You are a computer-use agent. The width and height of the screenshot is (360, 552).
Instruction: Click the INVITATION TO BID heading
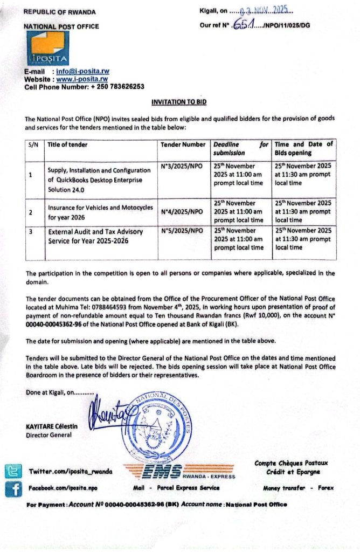[x=179, y=102]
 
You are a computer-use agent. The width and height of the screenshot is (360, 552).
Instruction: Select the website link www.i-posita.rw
[x=82, y=79]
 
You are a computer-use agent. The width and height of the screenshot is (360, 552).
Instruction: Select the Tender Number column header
[x=183, y=144]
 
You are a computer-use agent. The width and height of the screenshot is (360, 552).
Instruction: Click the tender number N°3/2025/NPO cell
[x=182, y=167]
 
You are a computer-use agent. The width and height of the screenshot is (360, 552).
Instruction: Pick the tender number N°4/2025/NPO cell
[x=182, y=211]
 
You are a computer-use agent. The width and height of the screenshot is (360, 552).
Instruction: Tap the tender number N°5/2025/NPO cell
[x=182, y=231]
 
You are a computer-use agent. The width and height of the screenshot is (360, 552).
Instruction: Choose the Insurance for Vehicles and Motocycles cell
[x=100, y=211]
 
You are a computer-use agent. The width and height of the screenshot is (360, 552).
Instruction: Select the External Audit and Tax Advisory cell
[x=96, y=236]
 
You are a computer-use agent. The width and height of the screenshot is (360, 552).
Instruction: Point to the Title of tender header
[x=67, y=144]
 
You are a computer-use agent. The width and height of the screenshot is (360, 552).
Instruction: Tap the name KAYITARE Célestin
[x=52, y=426]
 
